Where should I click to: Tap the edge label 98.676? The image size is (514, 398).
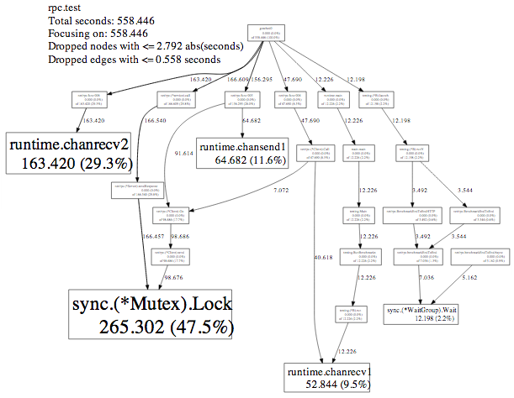[x=173, y=277]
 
